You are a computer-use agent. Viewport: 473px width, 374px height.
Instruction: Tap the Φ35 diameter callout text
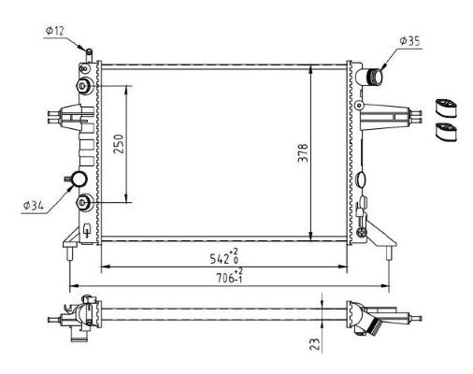[x=412, y=40]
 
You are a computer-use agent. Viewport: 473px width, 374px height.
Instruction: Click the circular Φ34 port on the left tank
[x=79, y=180]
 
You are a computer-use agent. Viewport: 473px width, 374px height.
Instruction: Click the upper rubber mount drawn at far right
[x=446, y=105]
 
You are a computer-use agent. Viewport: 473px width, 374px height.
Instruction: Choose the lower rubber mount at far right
[x=446, y=131]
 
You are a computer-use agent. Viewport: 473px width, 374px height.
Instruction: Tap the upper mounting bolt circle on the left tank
[x=86, y=86]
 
